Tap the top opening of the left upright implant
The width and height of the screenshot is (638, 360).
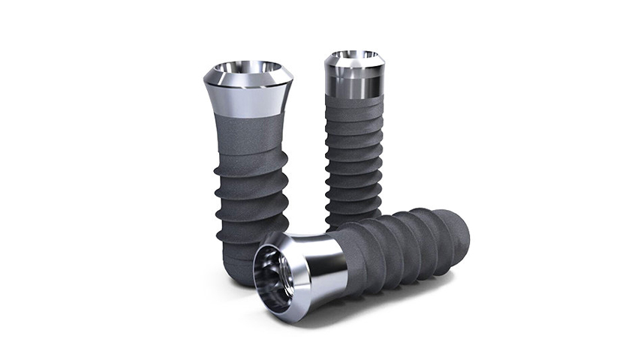tap(248, 69)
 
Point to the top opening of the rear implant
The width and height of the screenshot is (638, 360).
tap(355, 55)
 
